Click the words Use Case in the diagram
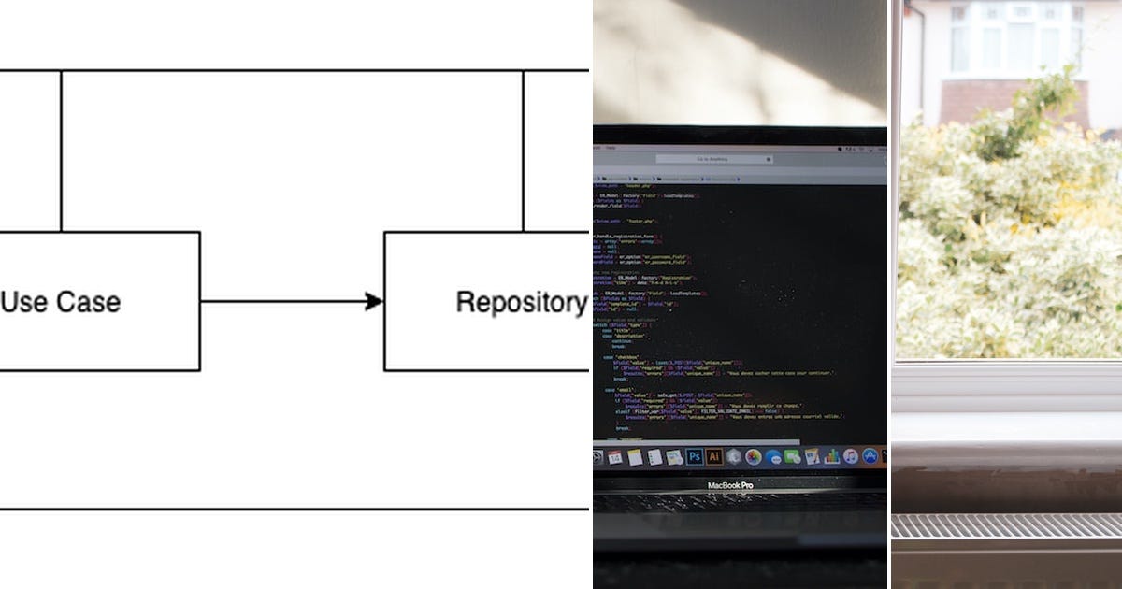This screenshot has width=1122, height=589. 61,302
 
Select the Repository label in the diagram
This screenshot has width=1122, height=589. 521,302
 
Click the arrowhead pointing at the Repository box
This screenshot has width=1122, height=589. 374,301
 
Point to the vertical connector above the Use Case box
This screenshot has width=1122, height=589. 61,150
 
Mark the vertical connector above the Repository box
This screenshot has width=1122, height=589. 523,150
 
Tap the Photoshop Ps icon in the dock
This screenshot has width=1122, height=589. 695,456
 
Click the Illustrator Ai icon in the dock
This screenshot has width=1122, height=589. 714,456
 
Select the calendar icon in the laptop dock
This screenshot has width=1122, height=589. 615,457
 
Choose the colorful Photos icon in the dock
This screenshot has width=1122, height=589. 754,457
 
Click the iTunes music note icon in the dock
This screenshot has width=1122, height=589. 851,456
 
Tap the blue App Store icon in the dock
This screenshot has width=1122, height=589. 870,456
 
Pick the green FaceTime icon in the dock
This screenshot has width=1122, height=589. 792,456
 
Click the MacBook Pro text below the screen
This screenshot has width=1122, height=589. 730,485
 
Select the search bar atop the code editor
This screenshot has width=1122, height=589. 714,159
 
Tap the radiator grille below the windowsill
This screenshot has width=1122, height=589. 1006,525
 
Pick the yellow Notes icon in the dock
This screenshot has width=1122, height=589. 635,457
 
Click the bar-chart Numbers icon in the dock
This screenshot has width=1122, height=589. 831,457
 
